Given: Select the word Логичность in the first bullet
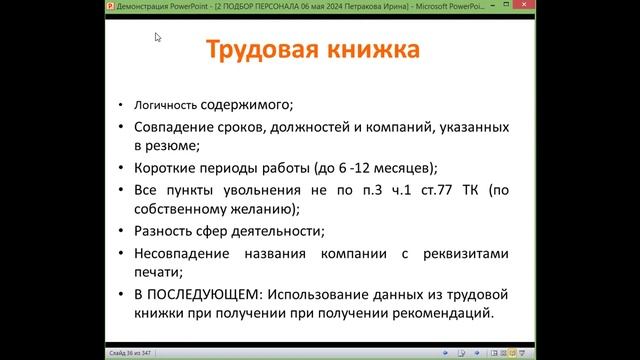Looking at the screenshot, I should tap(165, 103).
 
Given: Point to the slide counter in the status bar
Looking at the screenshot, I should tap(130, 353).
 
